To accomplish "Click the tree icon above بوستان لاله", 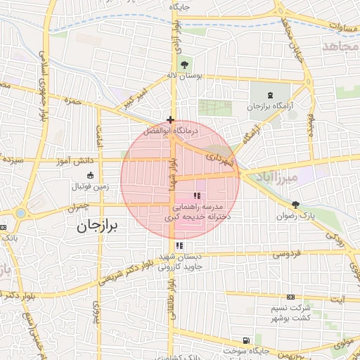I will click(184, 63).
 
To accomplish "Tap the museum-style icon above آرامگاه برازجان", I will click(271, 95).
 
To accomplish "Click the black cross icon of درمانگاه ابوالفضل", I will click(170, 120).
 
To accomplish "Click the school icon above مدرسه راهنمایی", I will click(196, 186).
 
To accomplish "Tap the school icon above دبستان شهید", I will click(181, 245).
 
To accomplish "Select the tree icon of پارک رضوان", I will click(295, 205).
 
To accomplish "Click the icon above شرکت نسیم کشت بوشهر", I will click(290, 298).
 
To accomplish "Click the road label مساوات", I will click(344, 25).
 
